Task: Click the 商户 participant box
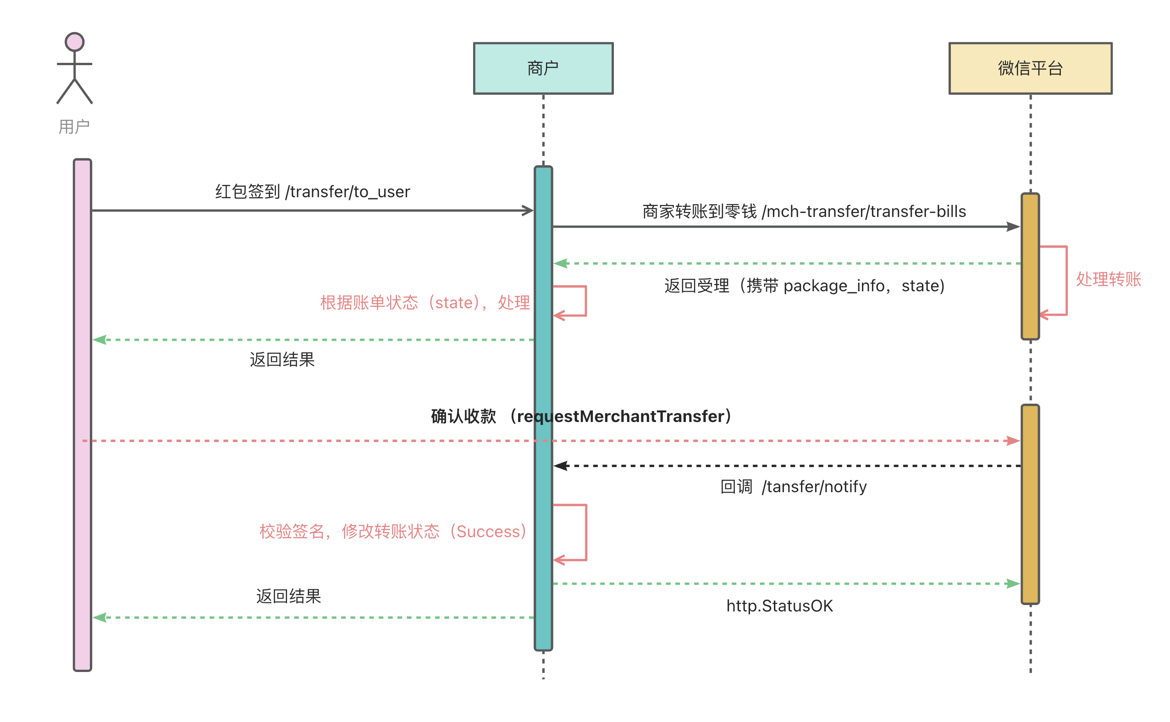pyautogui.click(x=543, y=68)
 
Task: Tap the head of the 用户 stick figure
pyautogui.click(x=74, y=42)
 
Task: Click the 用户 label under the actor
pyautogui.click(x=74, y=127)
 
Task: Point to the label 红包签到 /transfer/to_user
pyautogui.click(x=312, y=192)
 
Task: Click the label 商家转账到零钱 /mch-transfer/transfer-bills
pyautogui.click(x=804, y=211)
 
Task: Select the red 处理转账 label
pyautogui.click(x=1108, y=279)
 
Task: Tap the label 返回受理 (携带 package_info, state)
pyautogui.click(x=805, y=286)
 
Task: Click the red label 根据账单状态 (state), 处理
pyautogui.click(x=425, y=303)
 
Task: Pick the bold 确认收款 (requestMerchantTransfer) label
pyautogui.click(x=581, y=417)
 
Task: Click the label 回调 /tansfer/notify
pyautogui.click(x=793, y=487)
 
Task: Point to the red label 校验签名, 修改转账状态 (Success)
pyautogui.click(x=393, y=532)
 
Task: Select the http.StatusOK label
pyautogui.click(x=779, y=606)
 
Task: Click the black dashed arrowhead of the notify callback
pyautogui.click(x=561, y=466)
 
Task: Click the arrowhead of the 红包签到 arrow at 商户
pyautogui.click(x=528, y=211)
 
